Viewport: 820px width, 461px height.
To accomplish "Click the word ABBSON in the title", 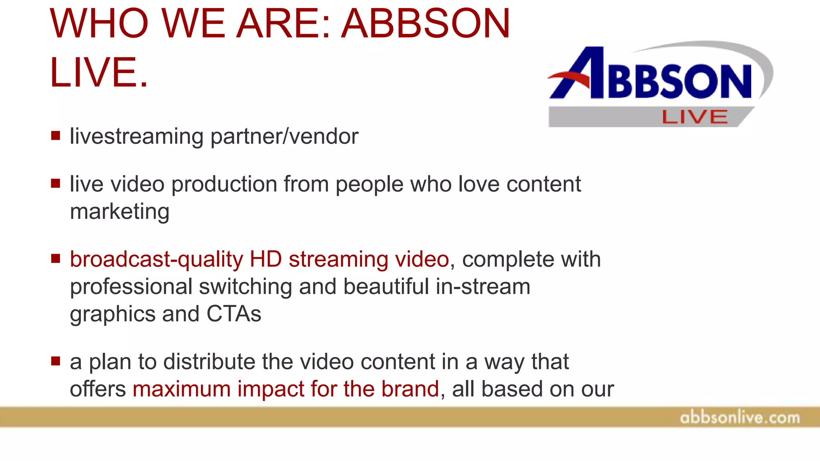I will pyautogui.click(x=425, y=24).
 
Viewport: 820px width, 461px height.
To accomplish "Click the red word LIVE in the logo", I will pyautogui.click(x=695, y=117).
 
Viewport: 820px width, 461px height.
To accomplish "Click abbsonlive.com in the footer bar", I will pyautogui.click(x=740, y=418).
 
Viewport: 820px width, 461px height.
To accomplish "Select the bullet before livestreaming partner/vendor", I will pyautogui.click(x=56, y=136).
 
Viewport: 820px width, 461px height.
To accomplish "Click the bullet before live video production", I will pyautogui.click(x=56, y=184).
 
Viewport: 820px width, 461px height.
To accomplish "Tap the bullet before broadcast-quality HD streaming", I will pyautogui.click(x=56, y=259).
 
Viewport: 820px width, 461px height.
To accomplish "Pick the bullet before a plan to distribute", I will pyautogui.click(x=56, y=361).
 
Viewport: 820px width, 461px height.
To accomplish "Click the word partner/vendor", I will pyautogui.click(x=284, y=137).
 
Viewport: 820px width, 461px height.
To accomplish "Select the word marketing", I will pyautogui.click(x=119, y=212).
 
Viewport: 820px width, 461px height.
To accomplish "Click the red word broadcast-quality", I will pyautogui.click(x=156, y=260).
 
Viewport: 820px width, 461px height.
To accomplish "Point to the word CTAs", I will pyautogui.click(x=233, y=314).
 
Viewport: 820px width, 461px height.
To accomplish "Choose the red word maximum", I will pyautogui.click(x=181, y=389).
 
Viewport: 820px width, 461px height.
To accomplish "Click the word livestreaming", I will pyautogui.click(x=137, y=137).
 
